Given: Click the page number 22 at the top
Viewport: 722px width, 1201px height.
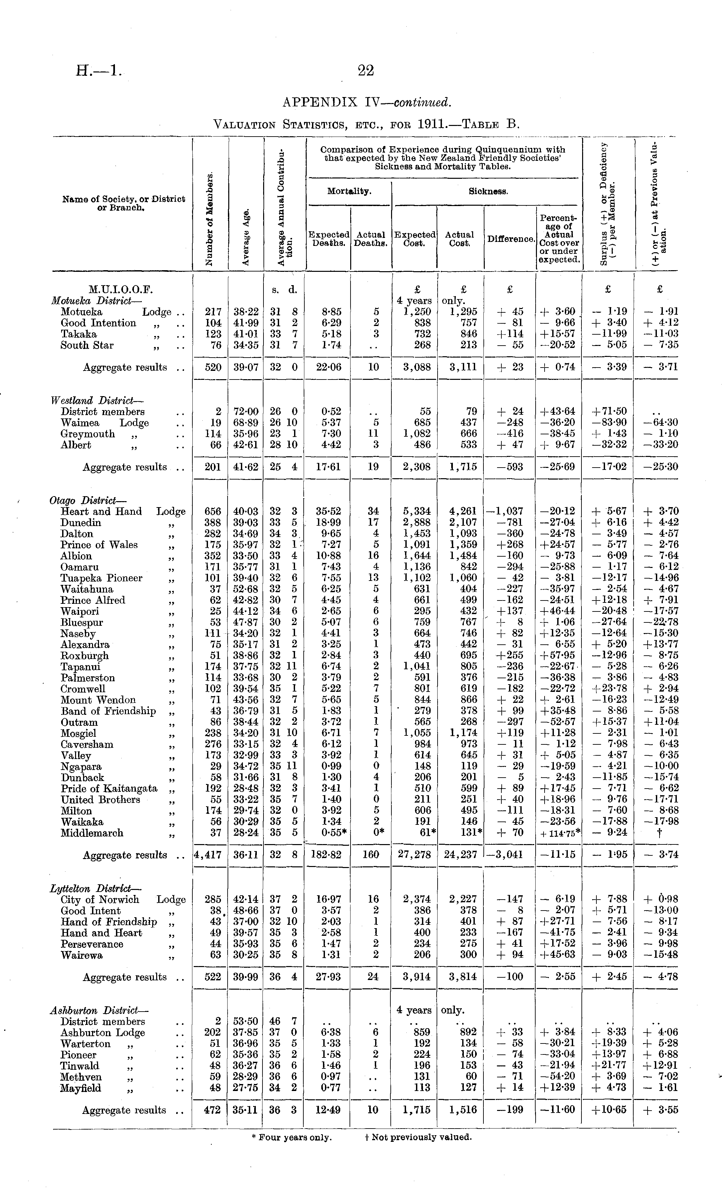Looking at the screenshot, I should pyautogui.click(x=366, y=71).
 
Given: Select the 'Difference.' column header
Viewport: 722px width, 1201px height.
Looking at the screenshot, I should pyautogui.click(x=510, y=239).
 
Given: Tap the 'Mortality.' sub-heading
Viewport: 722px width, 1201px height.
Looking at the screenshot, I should pyautogui.click(x=349, y=191).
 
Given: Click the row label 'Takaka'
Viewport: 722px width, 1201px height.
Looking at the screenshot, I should pyautogui.click(x=78, y=334).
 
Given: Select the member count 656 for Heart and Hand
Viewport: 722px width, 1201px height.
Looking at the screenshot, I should pyautogui.click(x=213, y=511).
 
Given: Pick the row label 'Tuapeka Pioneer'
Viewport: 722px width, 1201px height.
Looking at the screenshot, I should pyautogui.click(x=101, y=578).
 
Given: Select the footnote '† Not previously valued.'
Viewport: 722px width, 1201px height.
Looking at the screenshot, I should pyautogui.click(x=418, y=1137).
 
